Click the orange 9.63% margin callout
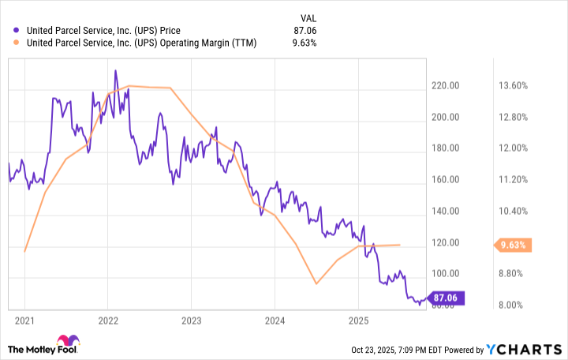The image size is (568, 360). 514,246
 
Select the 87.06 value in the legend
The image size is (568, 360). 304,30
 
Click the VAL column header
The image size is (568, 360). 307,17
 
